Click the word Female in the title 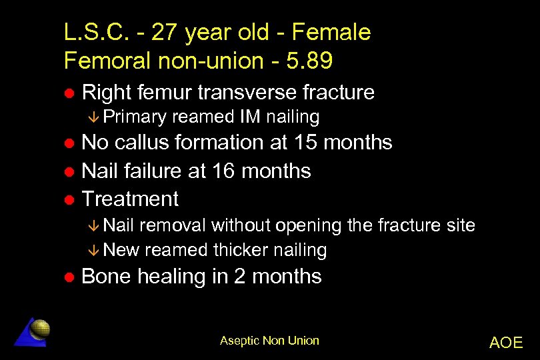(x=332, y=31)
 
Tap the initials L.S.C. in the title (x=92, y=31)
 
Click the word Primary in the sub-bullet (x=135, y=117)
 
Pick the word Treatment (x=130, y=199)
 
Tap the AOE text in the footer (x=505, y=343)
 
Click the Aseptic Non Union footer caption (x=269, y=341)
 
